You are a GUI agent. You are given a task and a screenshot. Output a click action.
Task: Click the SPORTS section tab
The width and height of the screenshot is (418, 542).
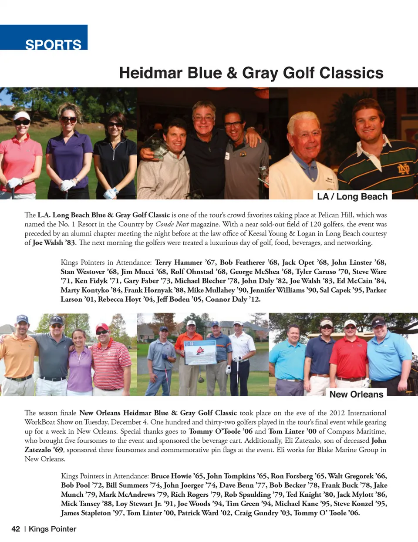point(53,44)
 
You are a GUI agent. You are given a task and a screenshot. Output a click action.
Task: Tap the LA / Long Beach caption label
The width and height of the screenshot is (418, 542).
point(352,196)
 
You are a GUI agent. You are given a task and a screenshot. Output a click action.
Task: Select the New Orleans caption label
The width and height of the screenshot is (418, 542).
point(356,394)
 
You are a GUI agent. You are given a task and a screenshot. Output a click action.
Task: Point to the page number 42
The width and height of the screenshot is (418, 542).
point(16,529)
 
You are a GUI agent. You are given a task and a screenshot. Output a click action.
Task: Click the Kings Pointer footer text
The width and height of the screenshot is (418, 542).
point(52,529)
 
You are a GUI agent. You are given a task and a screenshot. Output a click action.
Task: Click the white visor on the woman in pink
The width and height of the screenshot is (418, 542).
point(21,116)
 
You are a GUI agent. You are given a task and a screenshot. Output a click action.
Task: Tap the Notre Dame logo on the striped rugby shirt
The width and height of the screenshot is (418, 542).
point(403,168)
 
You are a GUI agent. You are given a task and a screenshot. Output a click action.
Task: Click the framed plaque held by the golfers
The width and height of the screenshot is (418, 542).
point(200,352)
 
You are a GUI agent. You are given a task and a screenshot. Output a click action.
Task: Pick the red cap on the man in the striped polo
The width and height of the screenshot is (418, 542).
point(102,327)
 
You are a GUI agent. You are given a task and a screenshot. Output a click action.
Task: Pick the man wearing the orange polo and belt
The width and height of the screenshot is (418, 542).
point(17,357)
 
